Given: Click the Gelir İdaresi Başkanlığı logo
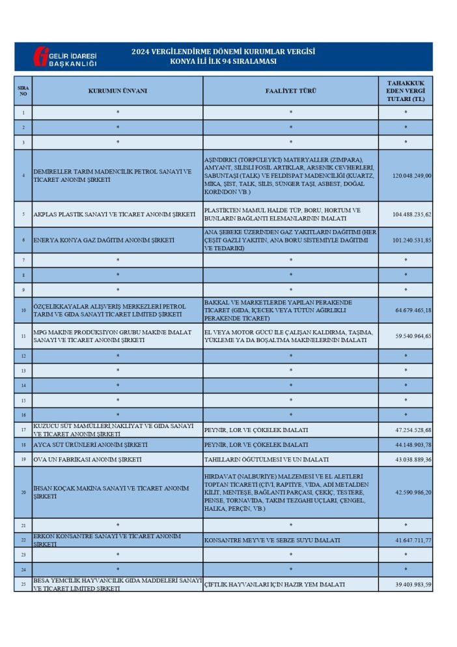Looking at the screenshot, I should coord(64,57).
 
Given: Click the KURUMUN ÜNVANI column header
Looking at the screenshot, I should coord(117,91).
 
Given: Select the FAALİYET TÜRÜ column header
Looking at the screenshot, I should coord(290,91).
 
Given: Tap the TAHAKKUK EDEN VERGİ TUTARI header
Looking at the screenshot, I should coord(406,91).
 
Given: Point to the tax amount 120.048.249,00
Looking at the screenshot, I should coord(411,176).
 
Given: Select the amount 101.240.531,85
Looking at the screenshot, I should coord(411,240).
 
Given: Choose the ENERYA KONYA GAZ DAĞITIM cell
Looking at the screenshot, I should coord(104,240).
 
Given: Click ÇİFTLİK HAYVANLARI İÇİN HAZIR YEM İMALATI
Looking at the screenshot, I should coord(274,584).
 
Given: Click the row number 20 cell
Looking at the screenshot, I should coord(23,493).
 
